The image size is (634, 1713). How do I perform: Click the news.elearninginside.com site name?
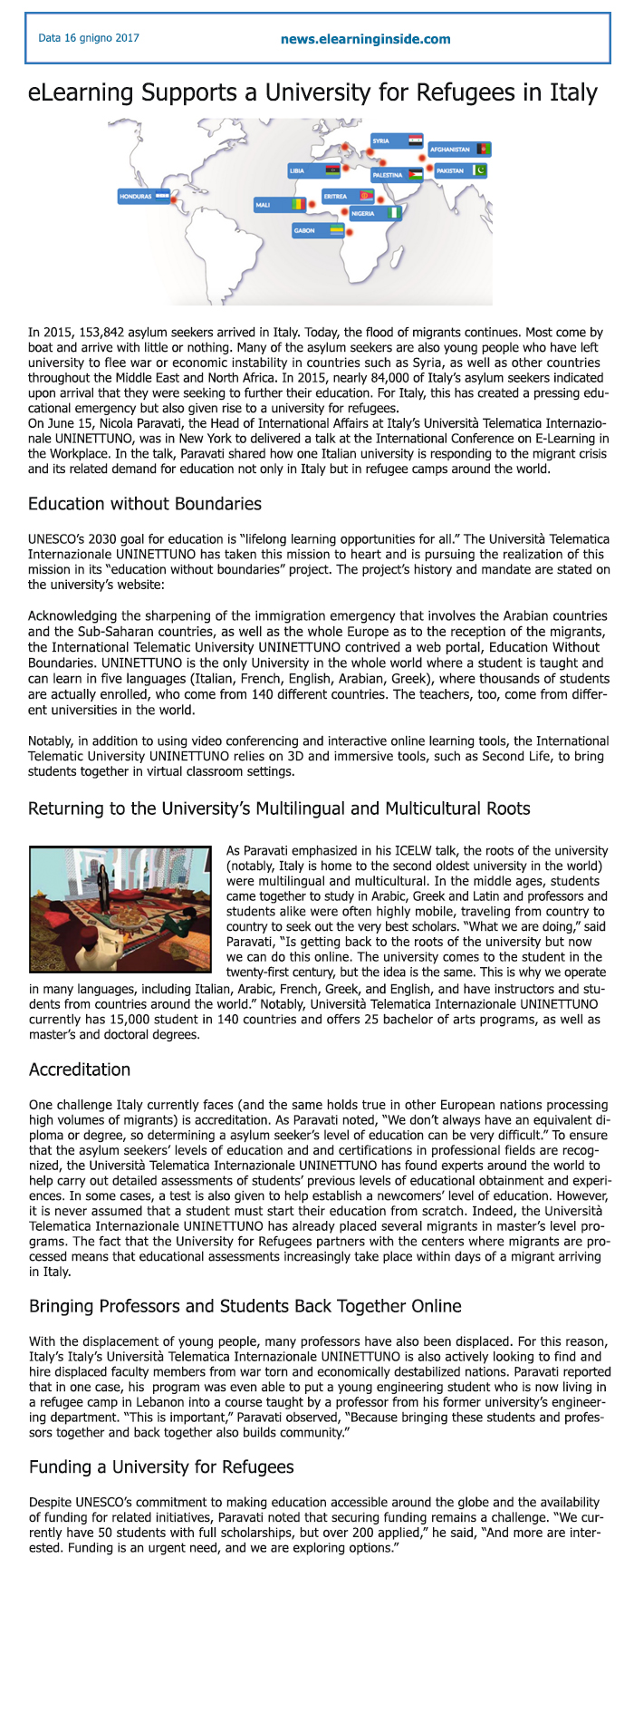click(x=365, y=39)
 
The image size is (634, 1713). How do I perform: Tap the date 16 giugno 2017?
click(x=89, y=38)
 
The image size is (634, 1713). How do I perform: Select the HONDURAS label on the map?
click(x=136, y=196)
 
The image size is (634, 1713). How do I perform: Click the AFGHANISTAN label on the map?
click(x=450, y=149)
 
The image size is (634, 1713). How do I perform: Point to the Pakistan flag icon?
click(x=480, y=170)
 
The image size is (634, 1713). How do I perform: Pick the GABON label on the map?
click(x=305, y=230)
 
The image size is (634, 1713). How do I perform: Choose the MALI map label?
click(x=264, y=205)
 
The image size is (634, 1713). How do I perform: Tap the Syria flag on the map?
click(x=415, y=140)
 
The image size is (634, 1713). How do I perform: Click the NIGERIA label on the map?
click(x=363, y=214)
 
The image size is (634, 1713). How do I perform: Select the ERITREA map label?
click(x=336, y=196)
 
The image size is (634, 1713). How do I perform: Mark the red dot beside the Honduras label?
click(x=177, y=193)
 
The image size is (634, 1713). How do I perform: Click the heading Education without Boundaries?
click(x=145, y=504)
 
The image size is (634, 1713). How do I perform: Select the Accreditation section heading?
click(x=80, y=1069)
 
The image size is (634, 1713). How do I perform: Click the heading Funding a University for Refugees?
click(x=161, y=1466)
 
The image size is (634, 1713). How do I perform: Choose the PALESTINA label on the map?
click(x=388, y=175)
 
